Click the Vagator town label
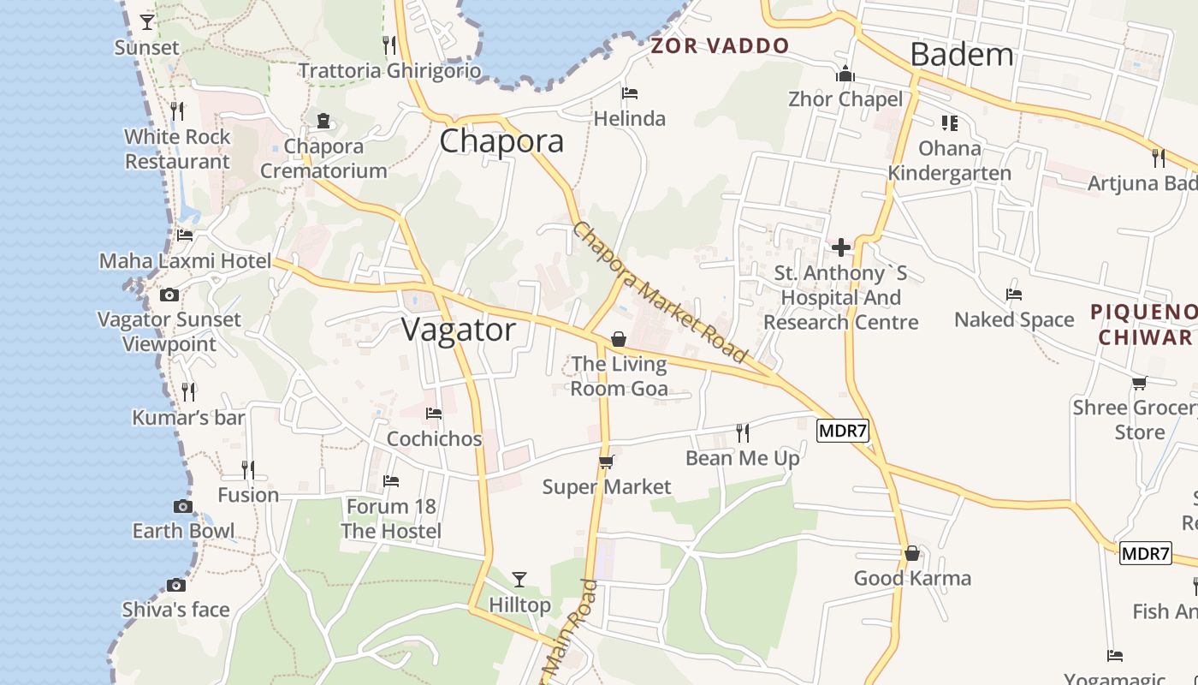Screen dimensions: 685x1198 click(x=459, y=330)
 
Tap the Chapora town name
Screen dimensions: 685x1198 click(x=501, y=141)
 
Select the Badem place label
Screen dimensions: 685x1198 click(x=962, y=54)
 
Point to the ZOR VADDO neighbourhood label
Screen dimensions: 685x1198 click(x=720, y=45)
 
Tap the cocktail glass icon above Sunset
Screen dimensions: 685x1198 click(x=147, y=21)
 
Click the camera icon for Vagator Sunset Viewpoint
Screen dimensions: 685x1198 click(x=169, y=295)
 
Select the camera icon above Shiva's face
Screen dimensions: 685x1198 click(x=176, y=586)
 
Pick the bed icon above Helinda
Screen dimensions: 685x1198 click(x=630, y=92)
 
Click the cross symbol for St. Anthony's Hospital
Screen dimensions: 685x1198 click(x=841, y=247)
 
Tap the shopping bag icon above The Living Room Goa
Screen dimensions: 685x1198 click(x=619, y=340)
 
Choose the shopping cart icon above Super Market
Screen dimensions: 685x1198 click(x=607, y=462)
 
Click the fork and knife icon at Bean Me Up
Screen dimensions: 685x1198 click(x=743, y=433)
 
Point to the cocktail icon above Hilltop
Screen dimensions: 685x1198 click(x=519, y=580)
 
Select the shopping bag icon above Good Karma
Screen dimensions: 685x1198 click(x=912, y=554)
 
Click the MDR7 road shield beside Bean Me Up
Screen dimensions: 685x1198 click(x=843, y=431)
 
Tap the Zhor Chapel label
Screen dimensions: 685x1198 click(x=845, y=99)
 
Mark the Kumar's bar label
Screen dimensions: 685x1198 click(x=188, y=418)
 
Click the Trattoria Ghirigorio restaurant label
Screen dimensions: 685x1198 click(x=389, y=70)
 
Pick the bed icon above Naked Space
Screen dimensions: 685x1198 click(x=1014, y=295)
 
